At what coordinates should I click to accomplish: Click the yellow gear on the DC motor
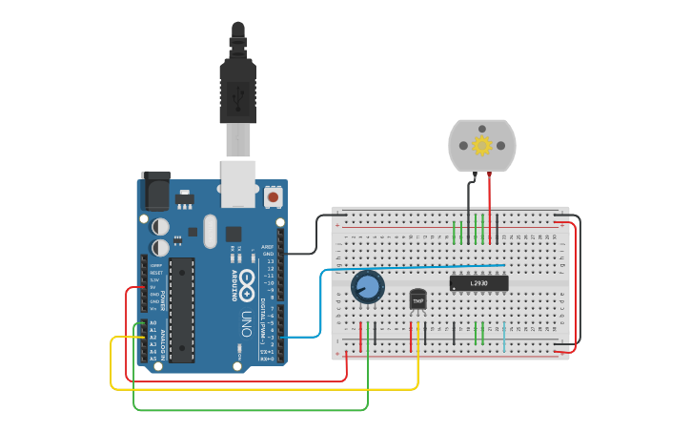coord(481,145)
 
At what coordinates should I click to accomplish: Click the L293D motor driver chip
coord(478,282)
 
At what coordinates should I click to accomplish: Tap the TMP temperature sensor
coord(417,300)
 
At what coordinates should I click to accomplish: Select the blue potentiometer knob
coord(367,286)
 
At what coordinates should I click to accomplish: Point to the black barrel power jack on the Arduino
coord(154,191)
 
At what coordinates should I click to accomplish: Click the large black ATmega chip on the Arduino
coord(182,310)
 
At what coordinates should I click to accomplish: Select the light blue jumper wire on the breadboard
coord(503,336)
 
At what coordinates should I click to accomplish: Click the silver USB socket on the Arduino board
coord(237,183)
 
